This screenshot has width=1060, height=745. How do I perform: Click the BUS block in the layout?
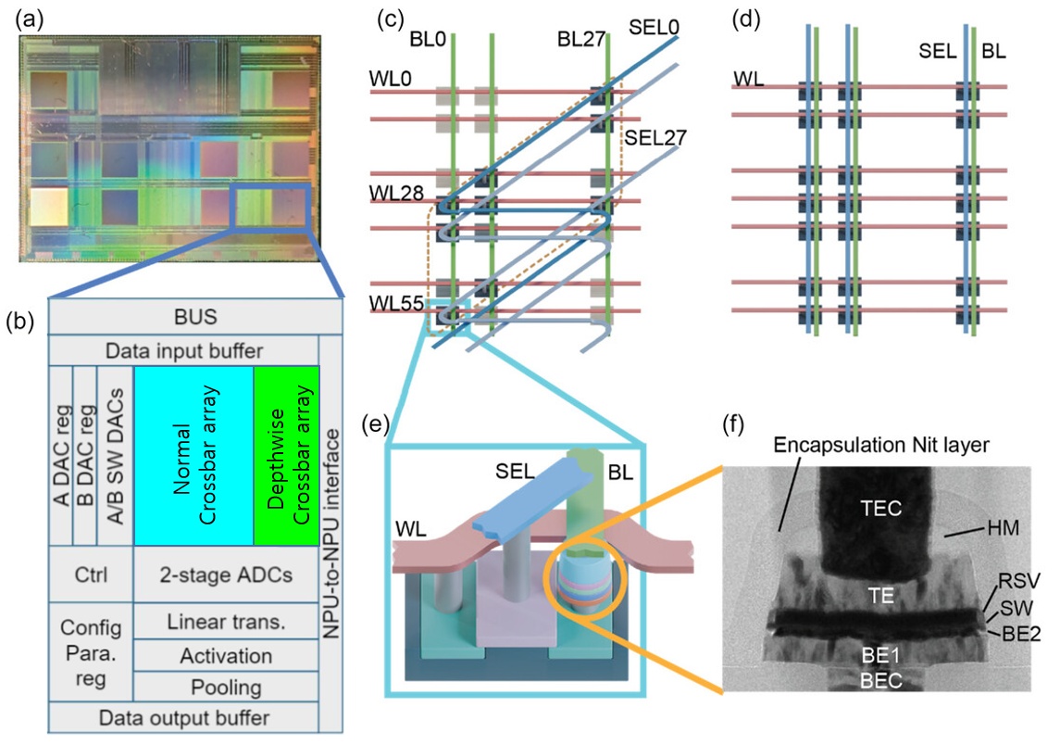coord(195,317)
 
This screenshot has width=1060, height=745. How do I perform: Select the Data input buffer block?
coord(184,350)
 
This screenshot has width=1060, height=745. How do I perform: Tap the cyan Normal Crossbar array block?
coord(194,455)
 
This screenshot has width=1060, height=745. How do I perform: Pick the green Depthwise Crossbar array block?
coord(287,455)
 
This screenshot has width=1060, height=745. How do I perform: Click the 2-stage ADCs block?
coord(226,575)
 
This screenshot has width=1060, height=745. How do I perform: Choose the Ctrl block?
coord(91,575)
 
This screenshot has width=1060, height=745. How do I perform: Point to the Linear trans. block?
coord(226,621)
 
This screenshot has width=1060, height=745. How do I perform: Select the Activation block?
coord(226,655)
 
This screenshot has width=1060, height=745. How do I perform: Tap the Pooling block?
coord(226,687)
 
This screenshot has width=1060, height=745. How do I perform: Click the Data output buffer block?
coord(184,717)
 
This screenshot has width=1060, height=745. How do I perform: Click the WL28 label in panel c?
coord(396,193)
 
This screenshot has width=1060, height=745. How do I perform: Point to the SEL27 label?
coord(655,138)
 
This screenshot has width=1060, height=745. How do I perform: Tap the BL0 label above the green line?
coord(428,39)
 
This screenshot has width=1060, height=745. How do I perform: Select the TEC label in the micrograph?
coord(880,508)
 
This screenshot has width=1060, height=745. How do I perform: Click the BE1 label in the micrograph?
coord(880,655)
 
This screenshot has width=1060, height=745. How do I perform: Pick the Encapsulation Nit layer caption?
coord(880,445)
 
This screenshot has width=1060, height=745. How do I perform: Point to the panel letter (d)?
coord(745,19)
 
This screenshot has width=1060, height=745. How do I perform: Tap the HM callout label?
coord(1004,527)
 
